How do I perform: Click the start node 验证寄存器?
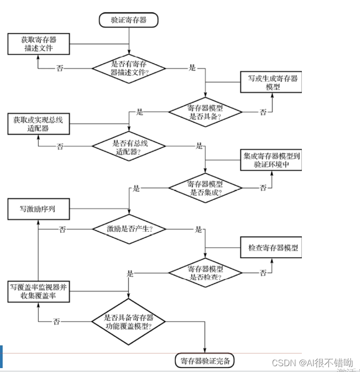128,20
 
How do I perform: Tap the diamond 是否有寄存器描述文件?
128,68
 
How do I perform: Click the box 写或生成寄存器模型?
271,82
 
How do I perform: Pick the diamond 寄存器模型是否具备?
205,112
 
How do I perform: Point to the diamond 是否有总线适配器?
128,145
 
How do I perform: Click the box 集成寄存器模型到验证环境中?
271,160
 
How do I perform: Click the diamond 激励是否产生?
128,229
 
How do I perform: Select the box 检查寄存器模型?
271,248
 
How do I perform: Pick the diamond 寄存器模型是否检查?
205,274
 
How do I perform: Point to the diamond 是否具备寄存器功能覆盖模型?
128,322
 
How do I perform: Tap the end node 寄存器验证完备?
205,360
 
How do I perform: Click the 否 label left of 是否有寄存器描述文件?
60,68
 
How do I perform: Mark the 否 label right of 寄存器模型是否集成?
263,188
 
